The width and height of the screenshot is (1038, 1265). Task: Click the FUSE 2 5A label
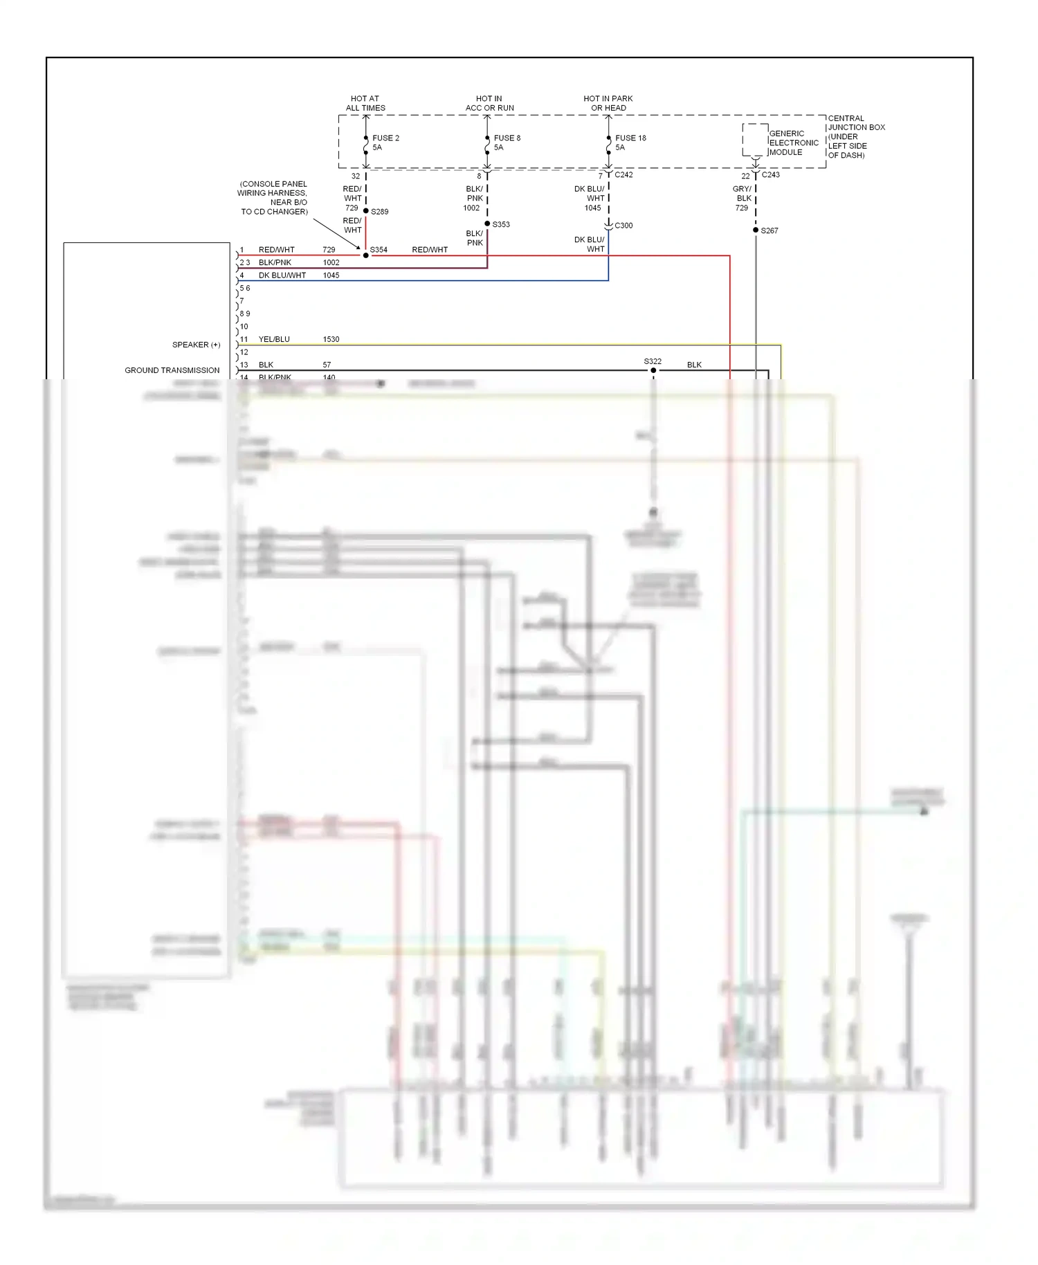pos(385,143)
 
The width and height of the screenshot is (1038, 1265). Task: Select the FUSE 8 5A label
pos(507,143)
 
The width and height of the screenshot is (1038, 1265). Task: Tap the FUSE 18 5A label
pos(630,143)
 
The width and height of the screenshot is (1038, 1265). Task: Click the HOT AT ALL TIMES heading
pos(365,103)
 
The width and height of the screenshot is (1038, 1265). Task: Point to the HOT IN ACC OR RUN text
pos(489,103)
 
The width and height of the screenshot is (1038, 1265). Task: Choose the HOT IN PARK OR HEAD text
pos(608,103)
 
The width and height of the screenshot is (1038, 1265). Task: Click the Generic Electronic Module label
pos(793,143)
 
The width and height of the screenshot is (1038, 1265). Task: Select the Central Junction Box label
pos(856,136)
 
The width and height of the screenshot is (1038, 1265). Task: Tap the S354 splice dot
pos(366,255)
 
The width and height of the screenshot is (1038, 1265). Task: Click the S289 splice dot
pos(366,210)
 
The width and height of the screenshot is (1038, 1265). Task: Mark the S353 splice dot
pos(487,224)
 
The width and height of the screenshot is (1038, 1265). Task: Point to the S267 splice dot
pos(756,230)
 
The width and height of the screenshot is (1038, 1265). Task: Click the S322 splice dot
pos(653,370)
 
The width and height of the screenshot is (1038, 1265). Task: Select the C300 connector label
pos(623,226)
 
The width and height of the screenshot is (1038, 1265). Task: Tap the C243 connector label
pos(770,175)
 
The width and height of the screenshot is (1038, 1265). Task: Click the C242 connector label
pos(623,175)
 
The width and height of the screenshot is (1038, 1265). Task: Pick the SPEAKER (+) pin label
pos(196,345)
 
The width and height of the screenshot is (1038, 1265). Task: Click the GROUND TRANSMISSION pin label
pos(172,370)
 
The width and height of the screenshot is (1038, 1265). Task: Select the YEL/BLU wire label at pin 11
pos(274,339)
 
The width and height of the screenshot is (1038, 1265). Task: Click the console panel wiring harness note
pos(273,198)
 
